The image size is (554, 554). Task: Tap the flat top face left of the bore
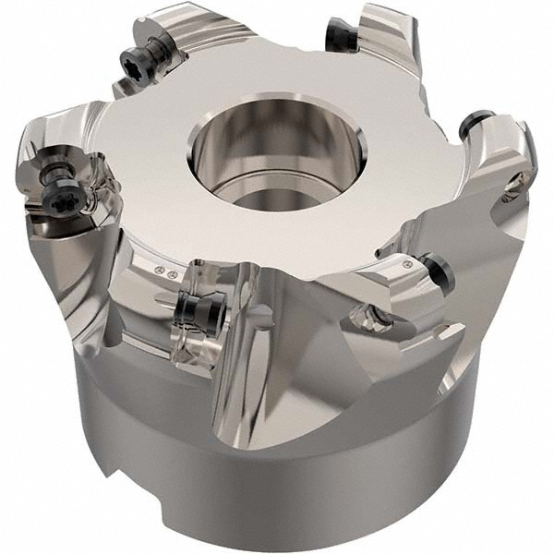tap(157, 157)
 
